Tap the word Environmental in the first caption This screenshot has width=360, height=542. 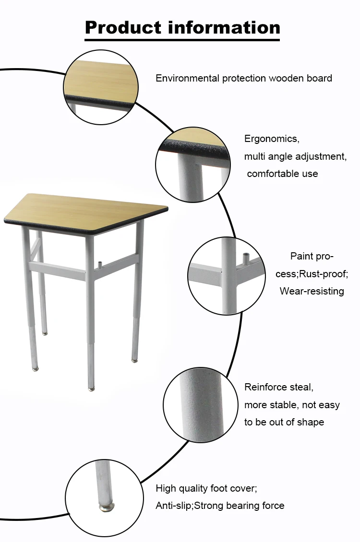click(187, 78)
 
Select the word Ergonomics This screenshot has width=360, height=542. click(272, 139)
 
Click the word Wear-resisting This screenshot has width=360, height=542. click(312, 291)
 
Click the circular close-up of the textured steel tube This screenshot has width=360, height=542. click(201, 405)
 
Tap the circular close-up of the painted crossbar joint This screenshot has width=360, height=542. click(226, 276)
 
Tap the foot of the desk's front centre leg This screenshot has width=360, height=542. click(91, 387)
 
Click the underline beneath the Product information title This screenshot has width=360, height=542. click(182, 39)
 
